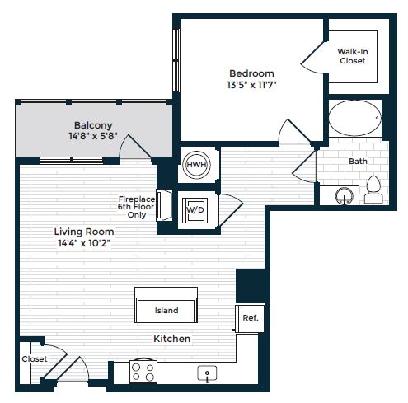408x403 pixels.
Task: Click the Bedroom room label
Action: click(251, 72)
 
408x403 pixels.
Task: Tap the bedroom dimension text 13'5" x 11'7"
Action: click(251, 84)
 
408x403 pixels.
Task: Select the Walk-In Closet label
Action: click(353, 56)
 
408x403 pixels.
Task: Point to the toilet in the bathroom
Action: click(373, 190)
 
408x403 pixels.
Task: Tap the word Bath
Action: click(358, 161)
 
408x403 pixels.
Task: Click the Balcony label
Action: click(88, 125)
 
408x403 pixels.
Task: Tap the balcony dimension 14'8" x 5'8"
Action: click(88, 138)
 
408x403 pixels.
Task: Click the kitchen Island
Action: click(166, 310)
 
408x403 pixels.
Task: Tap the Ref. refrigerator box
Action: click(249, 317)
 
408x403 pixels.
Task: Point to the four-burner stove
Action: click(143, 373)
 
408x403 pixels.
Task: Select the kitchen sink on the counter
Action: click(207, 374)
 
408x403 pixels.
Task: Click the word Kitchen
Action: click(172, 339)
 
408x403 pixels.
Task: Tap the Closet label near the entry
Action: click(34, 359)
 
